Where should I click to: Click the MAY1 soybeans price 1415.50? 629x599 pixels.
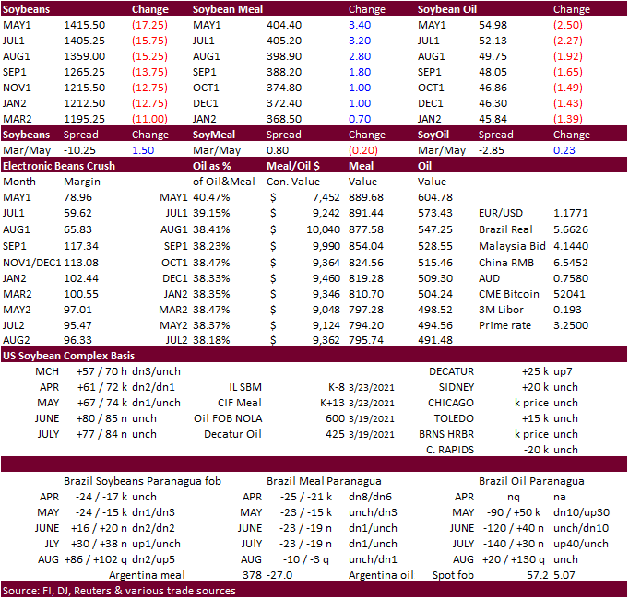pos(84,26)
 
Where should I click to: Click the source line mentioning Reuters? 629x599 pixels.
pos(120,591)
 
